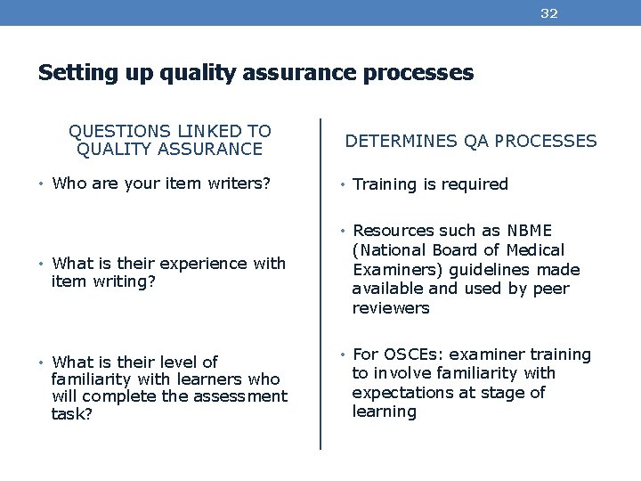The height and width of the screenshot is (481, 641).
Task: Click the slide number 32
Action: pyautogui.click(x=549, y=13)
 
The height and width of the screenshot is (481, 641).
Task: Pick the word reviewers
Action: pyautogui.click(x=390, y=307)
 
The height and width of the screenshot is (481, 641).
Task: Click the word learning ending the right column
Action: pyautogui.click(x=385, y=412)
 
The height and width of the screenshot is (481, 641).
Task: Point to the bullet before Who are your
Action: pyautogui.click(x=42, y=185)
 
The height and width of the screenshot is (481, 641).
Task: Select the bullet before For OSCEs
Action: pyautogui.click(x=342, y=355)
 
